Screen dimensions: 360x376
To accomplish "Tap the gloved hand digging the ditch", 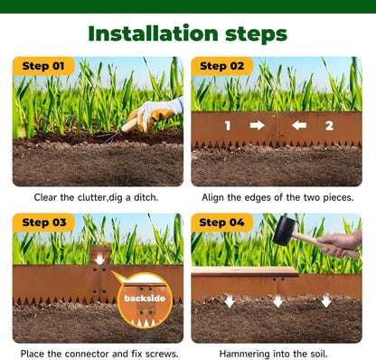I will tap(153, 115).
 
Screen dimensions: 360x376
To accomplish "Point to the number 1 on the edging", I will tap(228, 125).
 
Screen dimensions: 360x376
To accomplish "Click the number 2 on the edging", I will tap(329, 125).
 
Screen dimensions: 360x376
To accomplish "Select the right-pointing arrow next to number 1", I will tap(257, 125).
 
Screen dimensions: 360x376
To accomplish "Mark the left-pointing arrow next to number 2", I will tap(299, 125).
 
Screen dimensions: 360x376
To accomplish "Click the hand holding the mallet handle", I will tap(343, 242).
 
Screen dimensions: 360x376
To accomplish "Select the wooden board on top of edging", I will tap(244, 271).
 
